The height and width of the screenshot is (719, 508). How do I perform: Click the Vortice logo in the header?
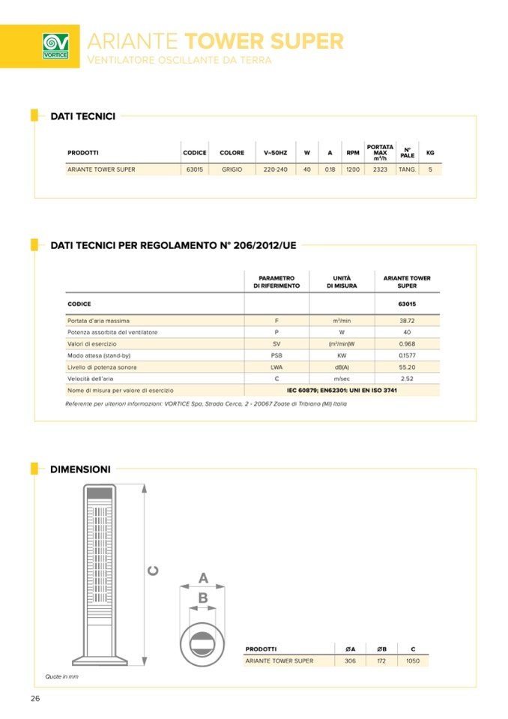click(x=55, y=45)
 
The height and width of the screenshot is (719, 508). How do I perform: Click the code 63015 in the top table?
click(x=194, y=169)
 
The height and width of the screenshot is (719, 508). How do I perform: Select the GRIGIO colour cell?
click(x=232, y=169)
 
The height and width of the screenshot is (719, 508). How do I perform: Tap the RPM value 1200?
click(x=352, y=169)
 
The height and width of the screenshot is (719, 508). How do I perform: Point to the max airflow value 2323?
click(x=380, y=169)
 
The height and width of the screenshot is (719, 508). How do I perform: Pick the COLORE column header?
click(x=232, y=153)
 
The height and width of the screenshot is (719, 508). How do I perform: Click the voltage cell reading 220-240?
click(x=275, y=169)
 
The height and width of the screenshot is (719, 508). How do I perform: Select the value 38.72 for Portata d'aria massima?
click(x=407, y=320)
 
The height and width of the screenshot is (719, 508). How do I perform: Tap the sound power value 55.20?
click(x=407, y=367)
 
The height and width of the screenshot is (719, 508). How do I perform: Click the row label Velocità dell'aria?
click(x=94, y=379)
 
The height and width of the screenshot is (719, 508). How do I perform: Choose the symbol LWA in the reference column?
click(x=276, y=367)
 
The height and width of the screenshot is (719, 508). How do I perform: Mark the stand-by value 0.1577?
click(x=407, y=355)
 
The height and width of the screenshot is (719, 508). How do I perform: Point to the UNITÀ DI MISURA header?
click(x=342, y=282)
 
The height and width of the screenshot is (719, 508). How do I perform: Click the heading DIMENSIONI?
click(x=80, y=469)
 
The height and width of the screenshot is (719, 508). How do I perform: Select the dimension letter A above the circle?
click(x=203, y=578)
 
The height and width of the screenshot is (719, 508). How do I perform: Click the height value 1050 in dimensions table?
click(x=413, y=661)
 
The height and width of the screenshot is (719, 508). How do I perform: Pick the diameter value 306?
click(x=350, y=661)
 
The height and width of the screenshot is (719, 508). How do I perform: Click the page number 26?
click(x=34, y=699)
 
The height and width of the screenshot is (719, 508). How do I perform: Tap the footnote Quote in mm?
click(x=61, y=676)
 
